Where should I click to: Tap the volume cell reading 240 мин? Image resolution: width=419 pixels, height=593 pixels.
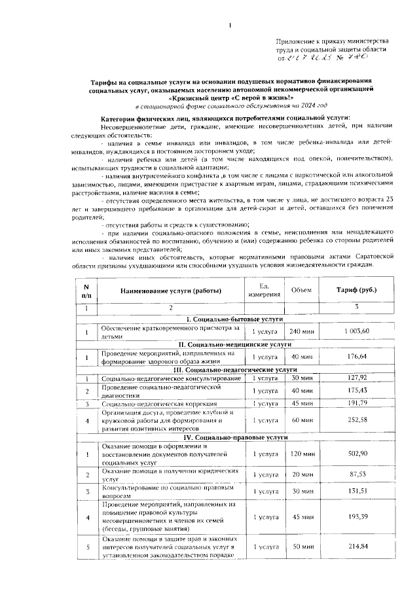pos(302,332)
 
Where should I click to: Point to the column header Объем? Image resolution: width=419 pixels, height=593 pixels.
pos(302,289)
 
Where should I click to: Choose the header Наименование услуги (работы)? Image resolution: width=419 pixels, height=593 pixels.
pos(170,290)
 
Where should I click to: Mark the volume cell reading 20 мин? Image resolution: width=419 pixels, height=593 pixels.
pos(302,475)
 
